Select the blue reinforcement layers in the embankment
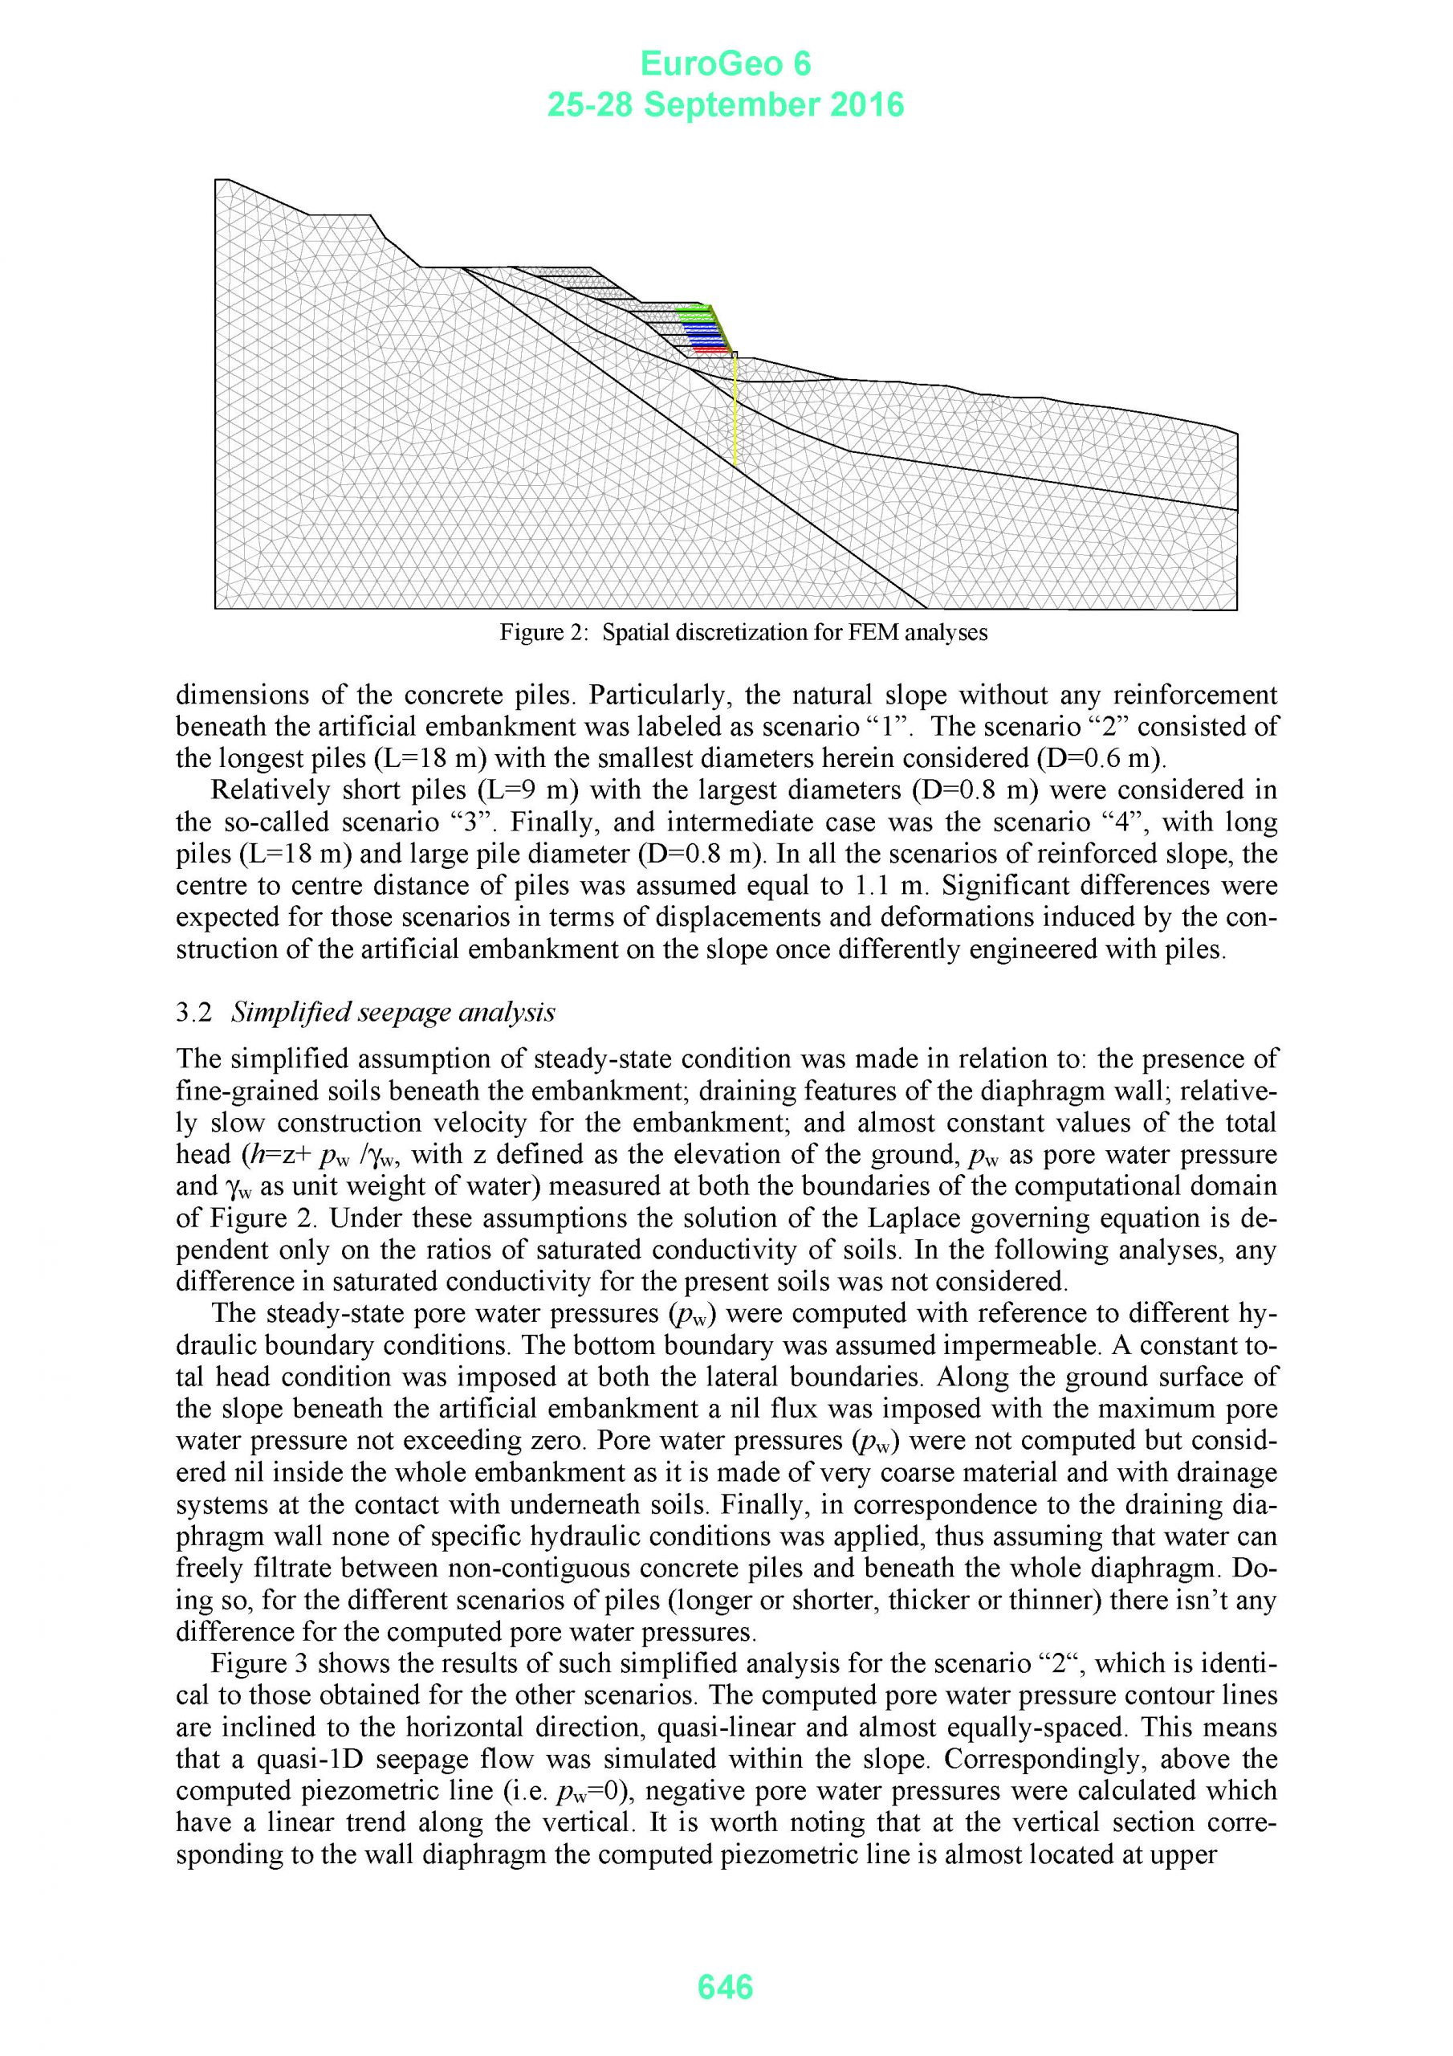click(x=705, y=333)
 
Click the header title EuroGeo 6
click(x=725, y=63)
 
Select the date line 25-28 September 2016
click(x=725, y=106)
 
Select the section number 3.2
click(x=194, y=1013)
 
